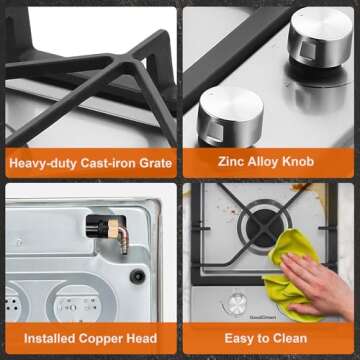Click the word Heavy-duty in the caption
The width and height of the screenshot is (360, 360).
pyautogui.click(x=44, y=163)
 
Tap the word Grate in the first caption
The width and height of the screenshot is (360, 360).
pyautogui.click(x=156, y=163)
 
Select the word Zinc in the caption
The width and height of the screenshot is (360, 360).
pyautogui.click(x=230, y=162)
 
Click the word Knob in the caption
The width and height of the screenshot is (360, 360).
pyautogui.click(x=298, y=162)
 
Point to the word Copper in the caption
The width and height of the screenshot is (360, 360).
pyautogui.click(x=101, y=339)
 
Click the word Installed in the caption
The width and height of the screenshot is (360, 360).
pyautogui.click(x=50, y=338)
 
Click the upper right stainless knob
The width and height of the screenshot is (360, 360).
pyautogui.click(x=320, y=37)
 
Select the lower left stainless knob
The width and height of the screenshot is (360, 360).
pyautogui.click(x=230, y=117)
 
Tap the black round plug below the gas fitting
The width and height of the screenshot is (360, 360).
pyautogui.click(x=137, y=276)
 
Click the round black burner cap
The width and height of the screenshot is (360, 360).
pyautogui.click(x=263, y=227)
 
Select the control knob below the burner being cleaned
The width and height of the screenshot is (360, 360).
pyautogui.click(x=236, y=303)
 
